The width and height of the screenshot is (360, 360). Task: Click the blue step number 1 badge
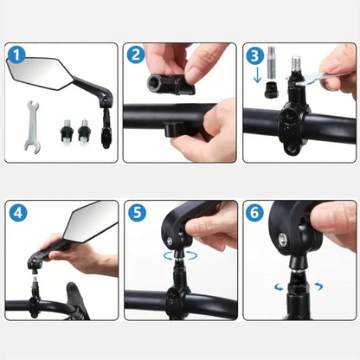(16, 55)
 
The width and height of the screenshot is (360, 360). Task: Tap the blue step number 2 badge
(136, 55)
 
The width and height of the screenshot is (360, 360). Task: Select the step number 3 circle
(255, 56)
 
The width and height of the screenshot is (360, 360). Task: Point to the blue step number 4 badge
(18, 213)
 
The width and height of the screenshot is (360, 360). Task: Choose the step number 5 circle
(137, 213)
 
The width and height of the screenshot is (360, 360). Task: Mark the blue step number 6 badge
(254, 213)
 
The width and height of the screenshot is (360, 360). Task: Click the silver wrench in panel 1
(31, 126)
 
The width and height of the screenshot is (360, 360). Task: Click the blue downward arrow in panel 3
(257, 75)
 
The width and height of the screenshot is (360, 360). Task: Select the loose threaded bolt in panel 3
(273, 63)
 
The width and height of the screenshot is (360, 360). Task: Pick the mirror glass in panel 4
(89, 221)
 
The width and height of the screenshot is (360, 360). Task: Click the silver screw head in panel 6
(283, 240)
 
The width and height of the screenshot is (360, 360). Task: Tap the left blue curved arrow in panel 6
(279, 287)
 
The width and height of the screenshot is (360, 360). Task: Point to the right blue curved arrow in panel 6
(318, 286)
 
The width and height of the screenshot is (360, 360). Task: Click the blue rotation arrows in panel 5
(180, 255)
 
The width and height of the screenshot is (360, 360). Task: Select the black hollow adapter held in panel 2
(171, 84)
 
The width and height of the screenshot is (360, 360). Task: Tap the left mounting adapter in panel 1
(67, 132)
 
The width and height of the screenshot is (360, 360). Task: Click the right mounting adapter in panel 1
(84, 132)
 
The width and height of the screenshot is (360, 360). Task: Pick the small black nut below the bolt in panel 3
(272, 90)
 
